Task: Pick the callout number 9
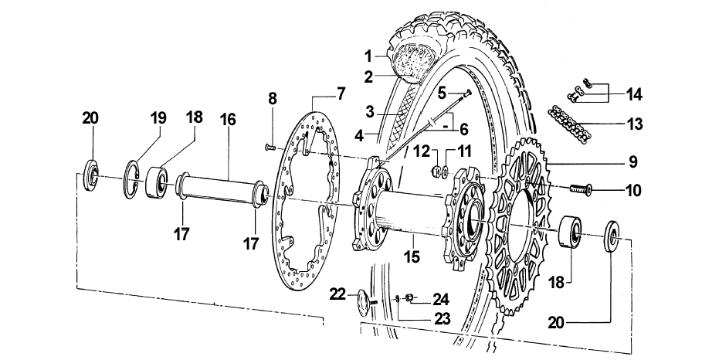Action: tap(632, 162)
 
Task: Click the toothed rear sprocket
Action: tap(525, 224)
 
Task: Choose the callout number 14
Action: tap(634, 94)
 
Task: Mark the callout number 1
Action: tap(368, 56)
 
